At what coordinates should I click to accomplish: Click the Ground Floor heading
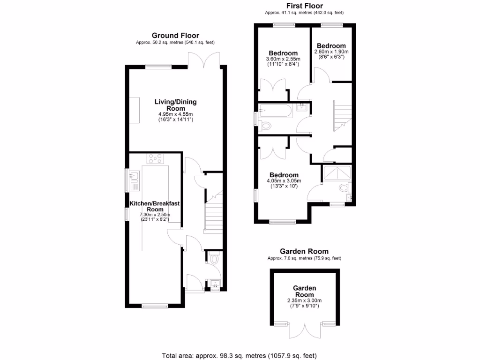175,35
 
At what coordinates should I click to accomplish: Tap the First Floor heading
304,6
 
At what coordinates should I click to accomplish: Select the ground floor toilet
214,258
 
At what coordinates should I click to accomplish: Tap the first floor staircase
342,116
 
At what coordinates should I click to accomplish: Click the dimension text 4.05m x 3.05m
284,180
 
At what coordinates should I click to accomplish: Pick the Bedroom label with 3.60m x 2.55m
283,53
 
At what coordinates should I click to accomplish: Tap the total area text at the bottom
242,355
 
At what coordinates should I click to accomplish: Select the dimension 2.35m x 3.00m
304,300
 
